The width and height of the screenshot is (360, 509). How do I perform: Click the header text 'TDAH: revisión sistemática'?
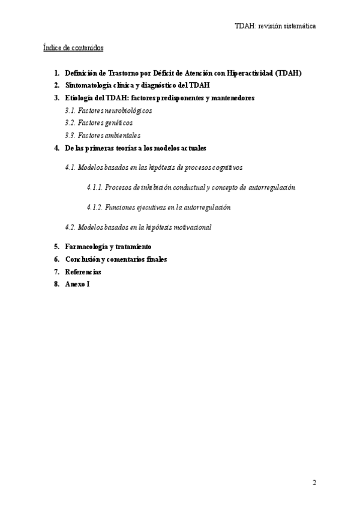tap(275, 26)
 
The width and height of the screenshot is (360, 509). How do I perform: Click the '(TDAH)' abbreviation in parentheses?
tap(289, 73)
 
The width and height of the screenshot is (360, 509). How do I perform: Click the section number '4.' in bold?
tap(56, 148)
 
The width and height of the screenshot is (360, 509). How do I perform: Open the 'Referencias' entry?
tap(83, 272)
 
